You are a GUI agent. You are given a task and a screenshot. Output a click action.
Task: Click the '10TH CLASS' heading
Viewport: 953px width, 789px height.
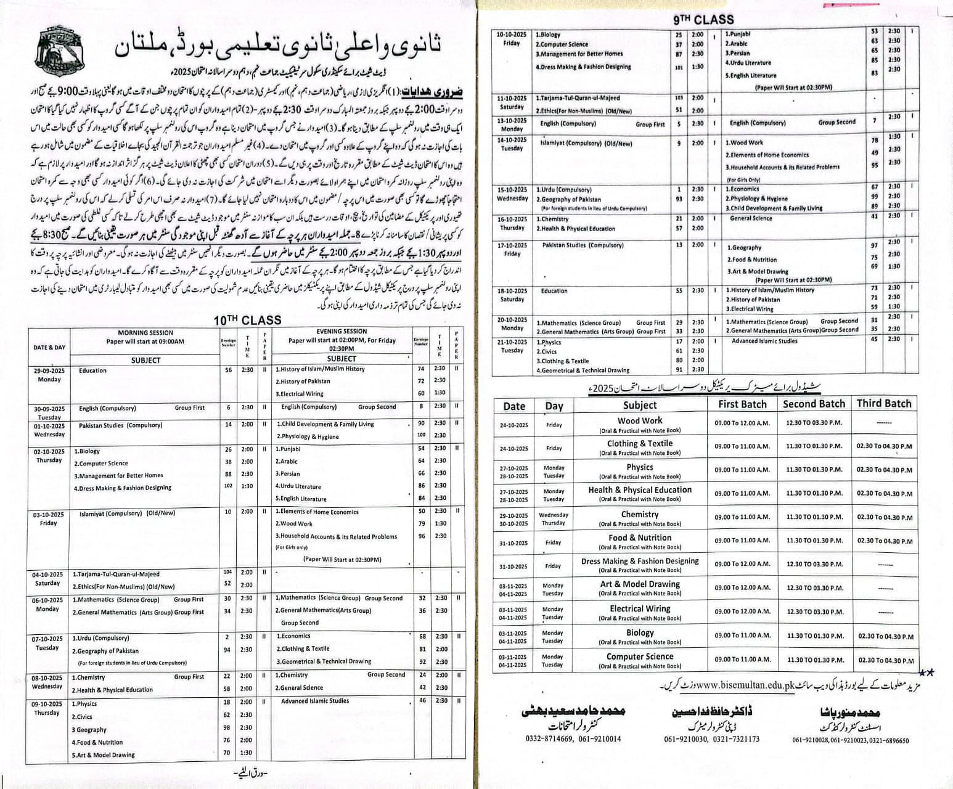[247, 320]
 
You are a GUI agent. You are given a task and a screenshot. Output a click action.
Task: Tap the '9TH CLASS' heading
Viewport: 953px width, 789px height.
[703, 19]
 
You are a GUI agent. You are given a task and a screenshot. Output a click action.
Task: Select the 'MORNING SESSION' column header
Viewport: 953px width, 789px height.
[145, 333]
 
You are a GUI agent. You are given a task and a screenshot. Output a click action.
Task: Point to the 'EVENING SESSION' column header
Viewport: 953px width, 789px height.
[342, 332]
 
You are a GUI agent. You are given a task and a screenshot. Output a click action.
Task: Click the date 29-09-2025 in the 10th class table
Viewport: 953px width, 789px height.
[49, 370]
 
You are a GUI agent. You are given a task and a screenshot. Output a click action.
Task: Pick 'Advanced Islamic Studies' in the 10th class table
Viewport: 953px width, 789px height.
[314, 701]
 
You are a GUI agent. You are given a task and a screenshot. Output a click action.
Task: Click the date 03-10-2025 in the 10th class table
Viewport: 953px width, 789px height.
[49, 515]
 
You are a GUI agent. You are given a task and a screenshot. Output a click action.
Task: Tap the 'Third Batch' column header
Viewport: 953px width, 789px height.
[883, 404]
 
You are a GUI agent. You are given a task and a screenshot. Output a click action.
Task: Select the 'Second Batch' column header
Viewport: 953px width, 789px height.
[814, 404]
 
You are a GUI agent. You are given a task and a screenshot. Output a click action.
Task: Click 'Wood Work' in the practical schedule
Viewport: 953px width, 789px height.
[640, 420]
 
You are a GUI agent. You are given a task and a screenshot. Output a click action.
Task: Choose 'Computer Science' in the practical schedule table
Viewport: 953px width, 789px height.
[640, 656]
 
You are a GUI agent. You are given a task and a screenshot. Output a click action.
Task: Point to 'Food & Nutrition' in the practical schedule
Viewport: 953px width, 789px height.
[640, 538]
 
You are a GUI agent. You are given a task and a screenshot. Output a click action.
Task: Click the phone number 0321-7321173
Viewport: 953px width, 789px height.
[737, 739]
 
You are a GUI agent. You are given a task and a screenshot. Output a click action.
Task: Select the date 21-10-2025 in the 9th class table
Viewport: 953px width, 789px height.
[512, 342]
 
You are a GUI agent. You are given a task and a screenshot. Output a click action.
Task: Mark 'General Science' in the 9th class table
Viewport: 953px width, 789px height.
[751, 218]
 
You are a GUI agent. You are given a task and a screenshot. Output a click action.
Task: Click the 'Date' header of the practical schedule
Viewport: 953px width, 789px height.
[514, 406]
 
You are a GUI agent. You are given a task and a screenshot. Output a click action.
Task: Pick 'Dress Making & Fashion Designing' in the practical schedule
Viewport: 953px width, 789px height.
[640, 561]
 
